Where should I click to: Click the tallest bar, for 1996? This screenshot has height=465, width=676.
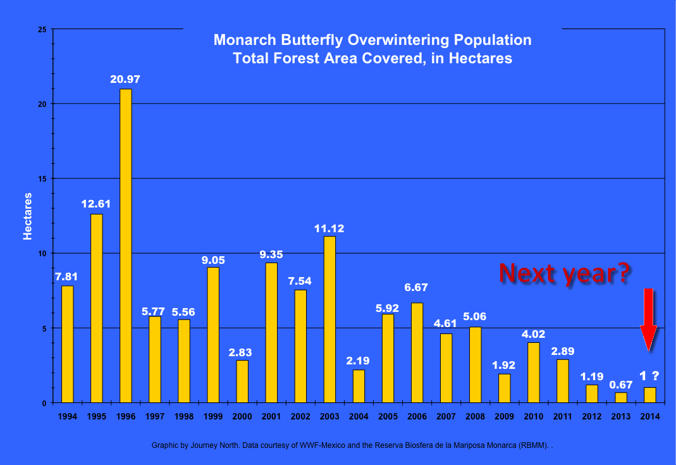click(x=126, y=245)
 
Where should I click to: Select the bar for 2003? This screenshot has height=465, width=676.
click(x=329, y=319)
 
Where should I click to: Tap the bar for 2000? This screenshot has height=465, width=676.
click(x=242, y=381)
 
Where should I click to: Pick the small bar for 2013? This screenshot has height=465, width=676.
click(x=620, y=397)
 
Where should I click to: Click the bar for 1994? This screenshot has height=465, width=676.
click(x=68, y=344)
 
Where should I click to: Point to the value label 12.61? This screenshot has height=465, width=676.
click(x=96, y=204)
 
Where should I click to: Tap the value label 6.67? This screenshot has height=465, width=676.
click(x=416, y=287)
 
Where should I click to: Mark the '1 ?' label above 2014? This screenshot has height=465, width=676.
click(x=649, y=376)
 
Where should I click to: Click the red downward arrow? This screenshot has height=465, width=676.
click(x=649, y=319)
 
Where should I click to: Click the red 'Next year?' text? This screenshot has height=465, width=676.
click(x=565, y=272)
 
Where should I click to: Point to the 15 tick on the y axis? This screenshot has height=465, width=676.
click(x=42, y=178)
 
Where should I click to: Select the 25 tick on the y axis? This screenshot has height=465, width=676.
click(x=42, y=29)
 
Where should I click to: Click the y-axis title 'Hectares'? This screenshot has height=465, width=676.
click(x=27, y=216)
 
